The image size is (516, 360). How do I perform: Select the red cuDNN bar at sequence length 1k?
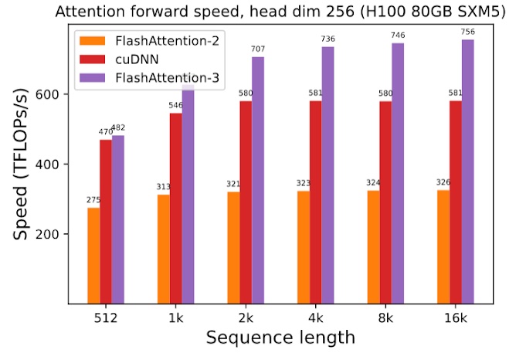(x=176, y=208)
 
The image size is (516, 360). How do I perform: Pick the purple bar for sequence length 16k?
(x=468, y=172)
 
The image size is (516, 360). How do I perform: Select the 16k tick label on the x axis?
(x=456, y=317)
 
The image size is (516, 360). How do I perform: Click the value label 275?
(x=93, y=201)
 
